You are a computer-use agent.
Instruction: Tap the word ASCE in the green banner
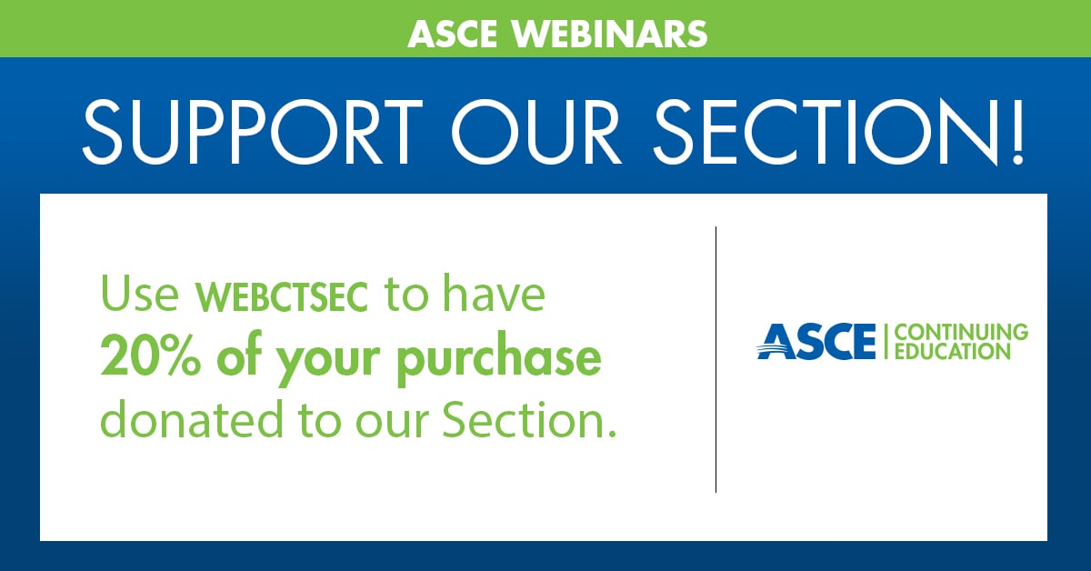tap(453, 34)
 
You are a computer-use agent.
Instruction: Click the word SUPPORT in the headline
tap(253, 132)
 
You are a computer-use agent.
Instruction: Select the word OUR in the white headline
tap(536, 132)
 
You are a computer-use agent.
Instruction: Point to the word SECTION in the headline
tap(824, 132)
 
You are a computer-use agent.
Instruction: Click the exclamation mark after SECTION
tap(1016, 132)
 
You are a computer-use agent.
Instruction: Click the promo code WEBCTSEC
tap(282, 296)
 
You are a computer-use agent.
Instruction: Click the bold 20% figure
tap(150, 358)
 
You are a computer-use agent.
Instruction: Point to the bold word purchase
tap(499, 361)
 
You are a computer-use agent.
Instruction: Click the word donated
tap(192, 418)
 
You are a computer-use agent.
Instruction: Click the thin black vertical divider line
tap(716, 359)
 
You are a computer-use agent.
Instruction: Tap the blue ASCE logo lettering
tap(816, 342)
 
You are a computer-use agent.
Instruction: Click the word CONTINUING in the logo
tap(962, 332)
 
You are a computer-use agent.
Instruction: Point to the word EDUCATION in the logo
tap(953, 351)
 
